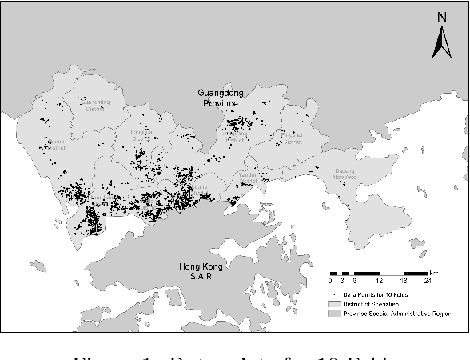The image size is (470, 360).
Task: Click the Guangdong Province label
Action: pos(221,98)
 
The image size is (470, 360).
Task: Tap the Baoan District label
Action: pos(57,144)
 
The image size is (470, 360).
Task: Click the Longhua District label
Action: pos(141,134)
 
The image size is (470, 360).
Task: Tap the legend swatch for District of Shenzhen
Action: pos(337,305)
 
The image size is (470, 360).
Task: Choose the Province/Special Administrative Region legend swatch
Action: pos(337,314)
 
